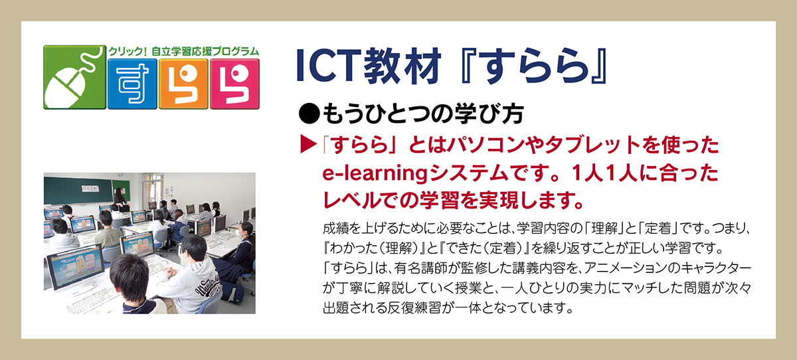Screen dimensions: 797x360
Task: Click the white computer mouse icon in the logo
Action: (66, 88)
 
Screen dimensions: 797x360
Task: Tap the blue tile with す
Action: (132, 84)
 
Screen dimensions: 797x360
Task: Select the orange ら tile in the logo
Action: (183, 84)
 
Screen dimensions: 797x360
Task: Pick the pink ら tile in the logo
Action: (234, 84)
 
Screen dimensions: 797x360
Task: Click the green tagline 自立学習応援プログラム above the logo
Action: (205, 51)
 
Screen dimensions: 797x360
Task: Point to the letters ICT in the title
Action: (327, 66)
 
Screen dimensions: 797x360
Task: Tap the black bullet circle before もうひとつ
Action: (310, 114)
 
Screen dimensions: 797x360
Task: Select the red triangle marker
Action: (308, 144)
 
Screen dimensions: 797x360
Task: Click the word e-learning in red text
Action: (375, 173)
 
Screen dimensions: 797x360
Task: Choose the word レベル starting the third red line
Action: (351, 201)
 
